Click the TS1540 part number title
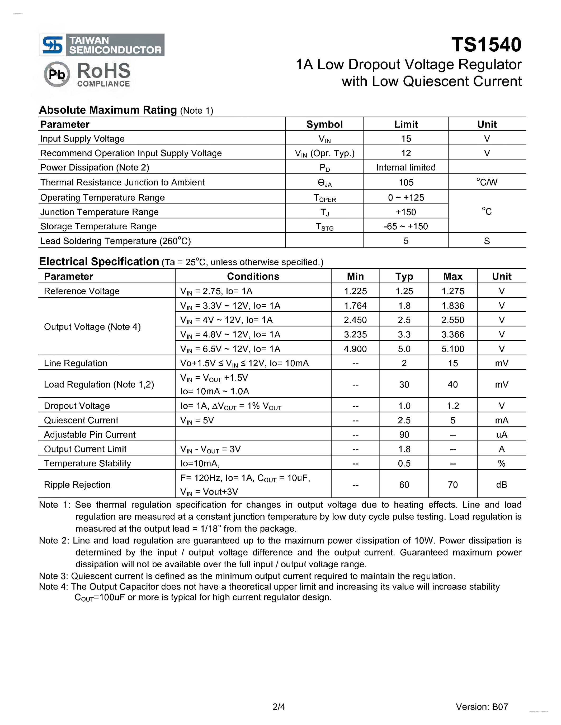pos(486,45)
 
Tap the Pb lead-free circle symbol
pos(57,74)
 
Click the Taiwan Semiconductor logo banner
pos(102,45)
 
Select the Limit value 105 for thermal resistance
pos(406,182)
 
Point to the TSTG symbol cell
pos(324,227)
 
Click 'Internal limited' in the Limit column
pos(406,167)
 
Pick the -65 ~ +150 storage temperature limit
pos(406,226)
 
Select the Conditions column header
pos(253,276)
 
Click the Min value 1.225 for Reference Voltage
pos(355,291)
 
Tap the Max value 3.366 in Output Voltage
pos(453,334)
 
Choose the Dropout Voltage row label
pos(77,406)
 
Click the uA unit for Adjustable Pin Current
pos(502,434)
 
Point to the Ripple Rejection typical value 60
pos(404,485)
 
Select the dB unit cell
pos(502,485)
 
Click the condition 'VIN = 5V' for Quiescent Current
pos(197,420)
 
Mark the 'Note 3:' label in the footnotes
pos(54,576)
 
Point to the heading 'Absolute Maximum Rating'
pos(108,110)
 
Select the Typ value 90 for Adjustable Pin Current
pos(404,434)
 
